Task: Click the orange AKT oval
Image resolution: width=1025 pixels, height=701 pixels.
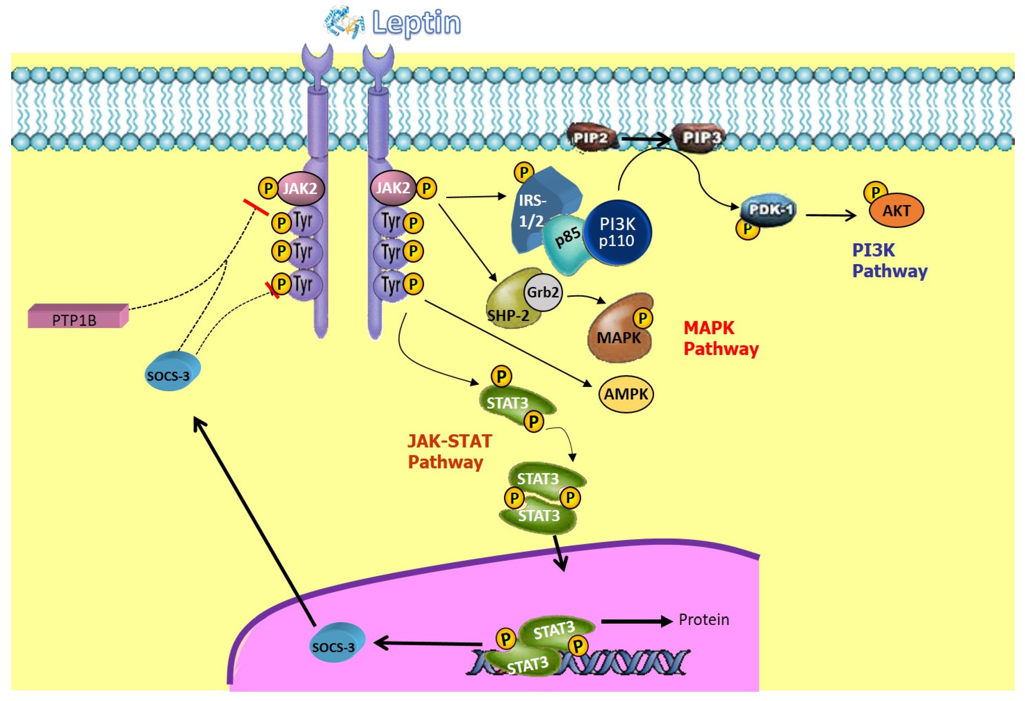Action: [x=896, y=211]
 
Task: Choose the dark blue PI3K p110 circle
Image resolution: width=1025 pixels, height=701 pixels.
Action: [x=617, y=232]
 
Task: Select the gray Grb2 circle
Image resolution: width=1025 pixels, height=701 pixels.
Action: [x=543, y=292]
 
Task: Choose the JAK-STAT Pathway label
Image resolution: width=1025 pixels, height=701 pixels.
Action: [x=449, y=451]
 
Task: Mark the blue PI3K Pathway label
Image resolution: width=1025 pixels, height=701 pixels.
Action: [x=889, y=260]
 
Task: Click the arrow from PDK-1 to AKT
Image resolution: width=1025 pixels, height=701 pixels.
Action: [x=831, y=215]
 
